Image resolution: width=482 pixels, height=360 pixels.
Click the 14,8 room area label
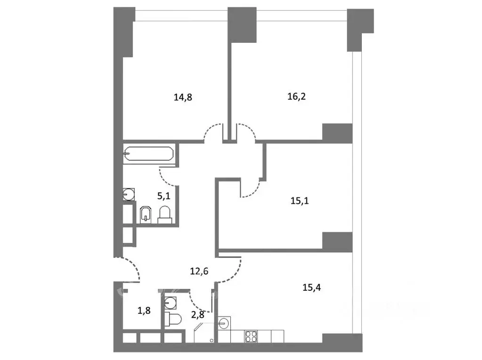(183, 98)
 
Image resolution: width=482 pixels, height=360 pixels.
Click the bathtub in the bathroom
(148, 155)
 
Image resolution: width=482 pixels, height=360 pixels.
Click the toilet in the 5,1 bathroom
(164, 214)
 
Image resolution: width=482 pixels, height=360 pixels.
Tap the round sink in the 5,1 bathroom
(128, 194)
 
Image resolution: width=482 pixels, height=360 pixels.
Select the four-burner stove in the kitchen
(250, 336)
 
